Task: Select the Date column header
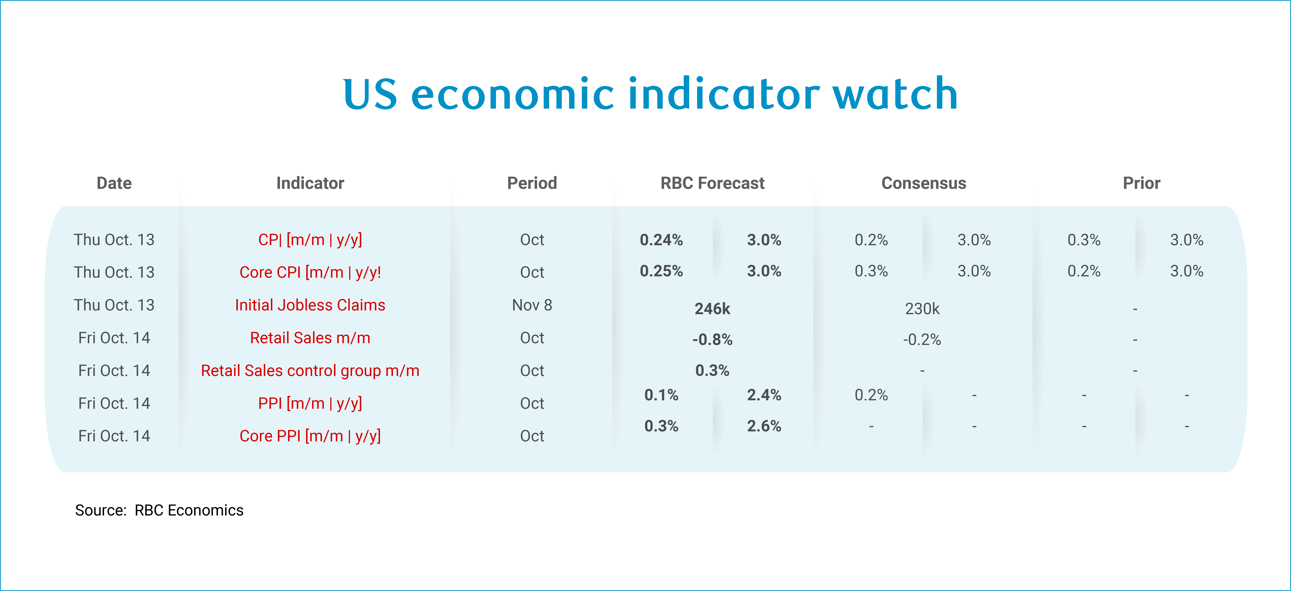coord(114,183)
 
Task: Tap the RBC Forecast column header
coord(712,183)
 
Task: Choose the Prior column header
coord(1141,183)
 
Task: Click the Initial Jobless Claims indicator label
coord(310,305)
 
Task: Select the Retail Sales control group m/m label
coord(310,371)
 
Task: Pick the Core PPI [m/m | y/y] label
coord(310,436)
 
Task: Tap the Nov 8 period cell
coord(532,305)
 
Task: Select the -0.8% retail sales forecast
coord(712,340)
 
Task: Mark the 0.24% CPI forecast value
coord(661,240)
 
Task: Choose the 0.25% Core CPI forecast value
coord(661,271)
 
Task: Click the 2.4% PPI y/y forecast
coord(764,395)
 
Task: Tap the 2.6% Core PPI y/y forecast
coord(764,426)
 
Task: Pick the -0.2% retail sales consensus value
coord(922,340)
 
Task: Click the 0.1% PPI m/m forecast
coord(661,395)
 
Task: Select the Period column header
coord(532,183)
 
